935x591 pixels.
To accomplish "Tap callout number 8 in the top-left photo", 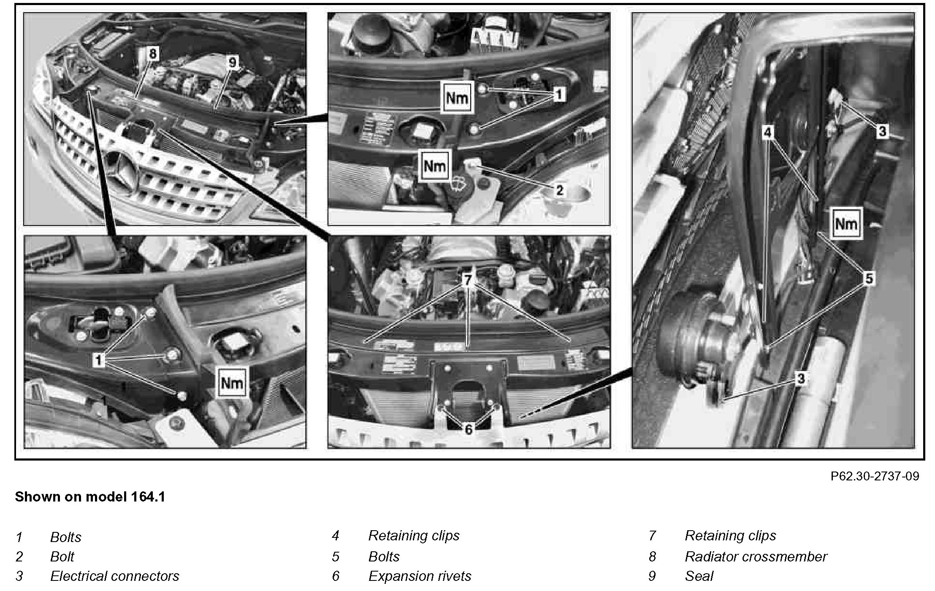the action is [152, 54].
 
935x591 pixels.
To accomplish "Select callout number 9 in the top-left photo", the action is [232, 62].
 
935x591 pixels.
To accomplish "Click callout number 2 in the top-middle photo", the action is [559, 190].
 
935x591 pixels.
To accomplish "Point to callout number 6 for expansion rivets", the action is [469, 429].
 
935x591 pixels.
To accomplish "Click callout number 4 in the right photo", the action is [768, 133].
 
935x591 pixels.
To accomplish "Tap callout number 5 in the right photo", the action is [869, 279].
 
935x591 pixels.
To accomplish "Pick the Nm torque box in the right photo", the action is [846, 224].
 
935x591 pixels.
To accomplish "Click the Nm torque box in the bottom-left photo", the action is [232, 382].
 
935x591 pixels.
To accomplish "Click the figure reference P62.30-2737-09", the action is [875, 476].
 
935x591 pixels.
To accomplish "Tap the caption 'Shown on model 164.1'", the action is [90, 497].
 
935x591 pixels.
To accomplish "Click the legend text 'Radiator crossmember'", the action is [756, 557].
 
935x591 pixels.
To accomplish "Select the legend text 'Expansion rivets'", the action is [420, 576].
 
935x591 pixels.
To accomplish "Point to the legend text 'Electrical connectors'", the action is [114, 576].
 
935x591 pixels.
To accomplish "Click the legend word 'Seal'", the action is [699, 576].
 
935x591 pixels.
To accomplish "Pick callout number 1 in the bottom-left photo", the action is [98, 361].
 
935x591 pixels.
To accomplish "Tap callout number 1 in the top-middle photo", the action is [559, 95].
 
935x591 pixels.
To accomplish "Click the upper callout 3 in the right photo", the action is [882, 131].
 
